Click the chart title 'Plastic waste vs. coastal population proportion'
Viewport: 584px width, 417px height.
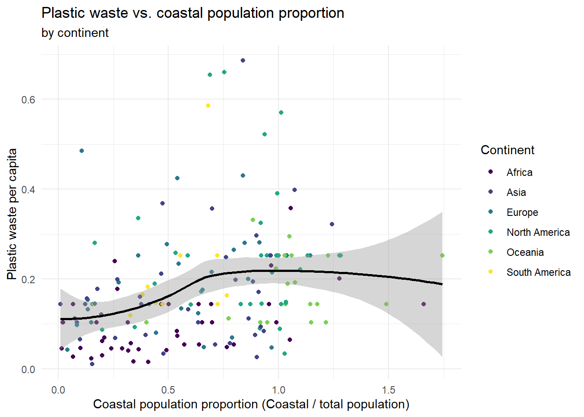pyautogui.click(x=192, y=13)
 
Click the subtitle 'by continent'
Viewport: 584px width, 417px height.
pyautogui.click(x=75, y=33)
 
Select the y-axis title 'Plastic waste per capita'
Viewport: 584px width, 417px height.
pyautogui.click(x=12, y=214)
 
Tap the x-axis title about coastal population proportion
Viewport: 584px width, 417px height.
pyautogui.click(x=251, y=404)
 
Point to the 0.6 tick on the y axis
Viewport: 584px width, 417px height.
pyautogui.click(x=28, y=99)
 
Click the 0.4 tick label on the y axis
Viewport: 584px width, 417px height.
pyautogui.click(x=28, y=189)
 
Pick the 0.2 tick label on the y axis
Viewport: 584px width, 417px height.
pyautogui.click(x=28, y=279)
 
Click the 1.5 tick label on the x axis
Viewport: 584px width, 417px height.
pyautogui.click(x=388, y=390)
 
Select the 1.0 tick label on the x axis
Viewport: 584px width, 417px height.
pyautogui.click(x=279, y=390)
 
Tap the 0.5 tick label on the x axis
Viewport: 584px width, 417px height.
pyautogui.click(x=168, y=390)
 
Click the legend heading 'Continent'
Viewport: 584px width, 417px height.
pyautogui.click(x=507, y=150)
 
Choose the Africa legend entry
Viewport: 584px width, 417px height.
pyautogui.click(x=519, y=172)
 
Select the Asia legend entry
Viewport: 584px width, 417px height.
pyautogui.click(x=516, y=192)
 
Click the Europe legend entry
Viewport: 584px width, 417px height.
pyautogui.click(x=522, y=212)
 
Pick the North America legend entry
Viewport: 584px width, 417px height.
pyautogui.click(x=538, y=232)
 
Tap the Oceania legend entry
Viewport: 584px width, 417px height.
pyautogui.click(x=525, y=252)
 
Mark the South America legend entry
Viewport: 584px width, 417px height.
pyautogui.click(x=538, y=272)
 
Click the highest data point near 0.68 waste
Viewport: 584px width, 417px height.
pyautogui.click(x=243, y=60)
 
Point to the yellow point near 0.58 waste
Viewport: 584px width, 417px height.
pyautogui.click(x=208, y=106)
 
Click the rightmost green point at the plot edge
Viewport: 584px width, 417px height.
pyautogui.click(x=442, y=255)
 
